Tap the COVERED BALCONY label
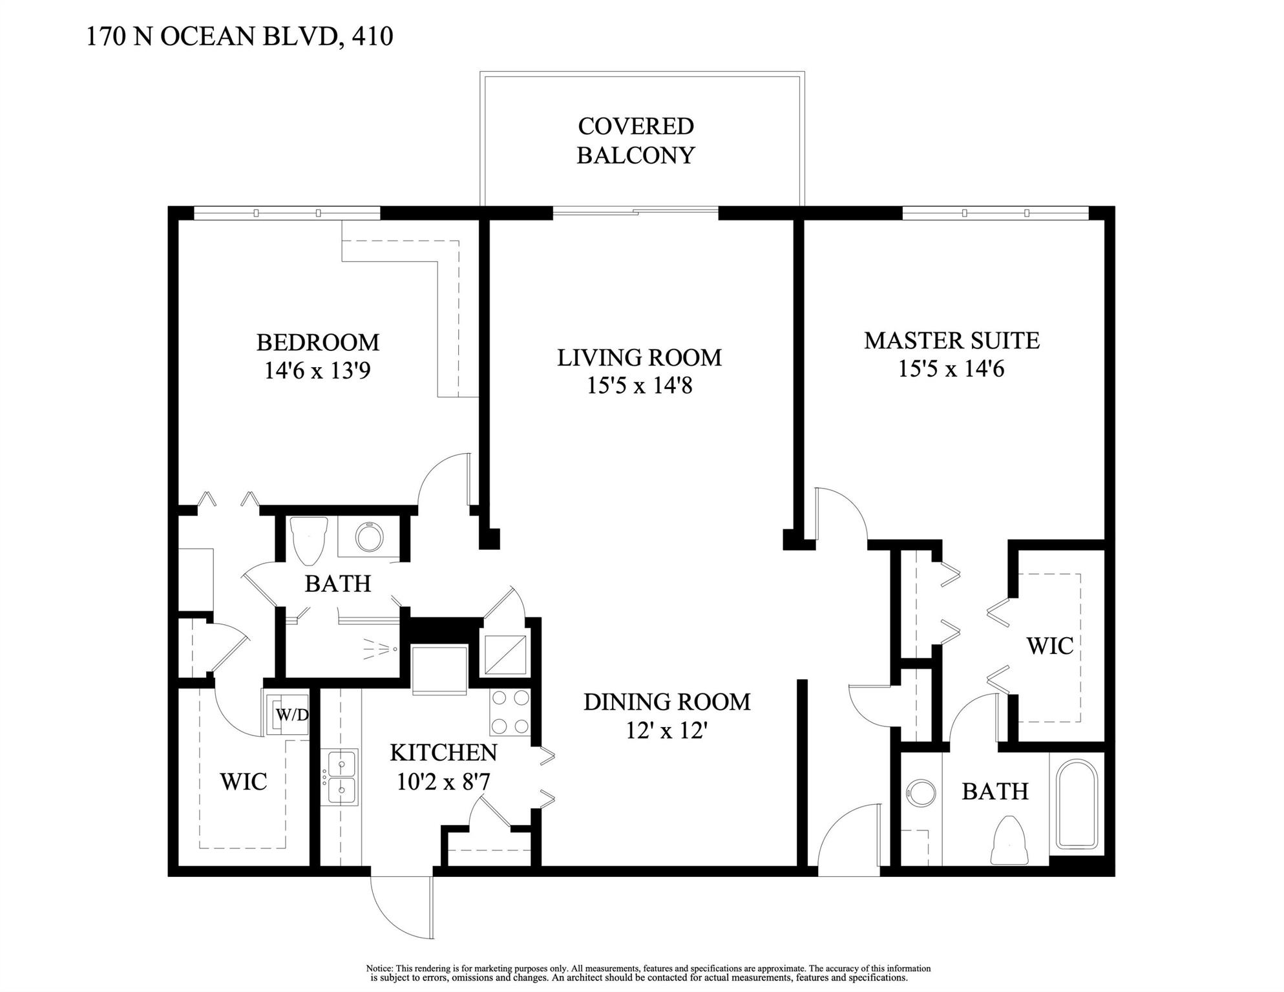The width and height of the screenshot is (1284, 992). click(x=635, y=141)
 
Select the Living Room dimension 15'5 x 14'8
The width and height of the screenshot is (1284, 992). click(x=639, y=386)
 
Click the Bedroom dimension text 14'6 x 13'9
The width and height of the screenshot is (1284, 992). click(x=317, y=371)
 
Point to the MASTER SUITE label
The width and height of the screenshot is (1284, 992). click(x=951, y=341)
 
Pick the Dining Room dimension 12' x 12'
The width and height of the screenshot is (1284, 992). click(x=667, y=731)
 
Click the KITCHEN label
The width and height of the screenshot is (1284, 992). click(x=443, y=753)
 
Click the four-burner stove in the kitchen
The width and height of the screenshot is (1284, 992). click(x=510, y=712)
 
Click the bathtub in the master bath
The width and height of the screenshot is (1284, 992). click(x=1077, y=804)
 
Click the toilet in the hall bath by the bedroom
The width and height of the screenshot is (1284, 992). click(x=310, y=539)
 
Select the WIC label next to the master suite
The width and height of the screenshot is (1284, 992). click(x=1049, y=646)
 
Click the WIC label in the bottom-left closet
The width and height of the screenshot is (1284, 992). click(x=243, y=781)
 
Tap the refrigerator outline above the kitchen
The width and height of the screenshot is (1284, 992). click(x=439, y=669)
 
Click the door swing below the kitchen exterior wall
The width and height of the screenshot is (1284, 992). click(x=401, y=905)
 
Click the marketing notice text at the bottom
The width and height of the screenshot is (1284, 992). click(x=648, y=973)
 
